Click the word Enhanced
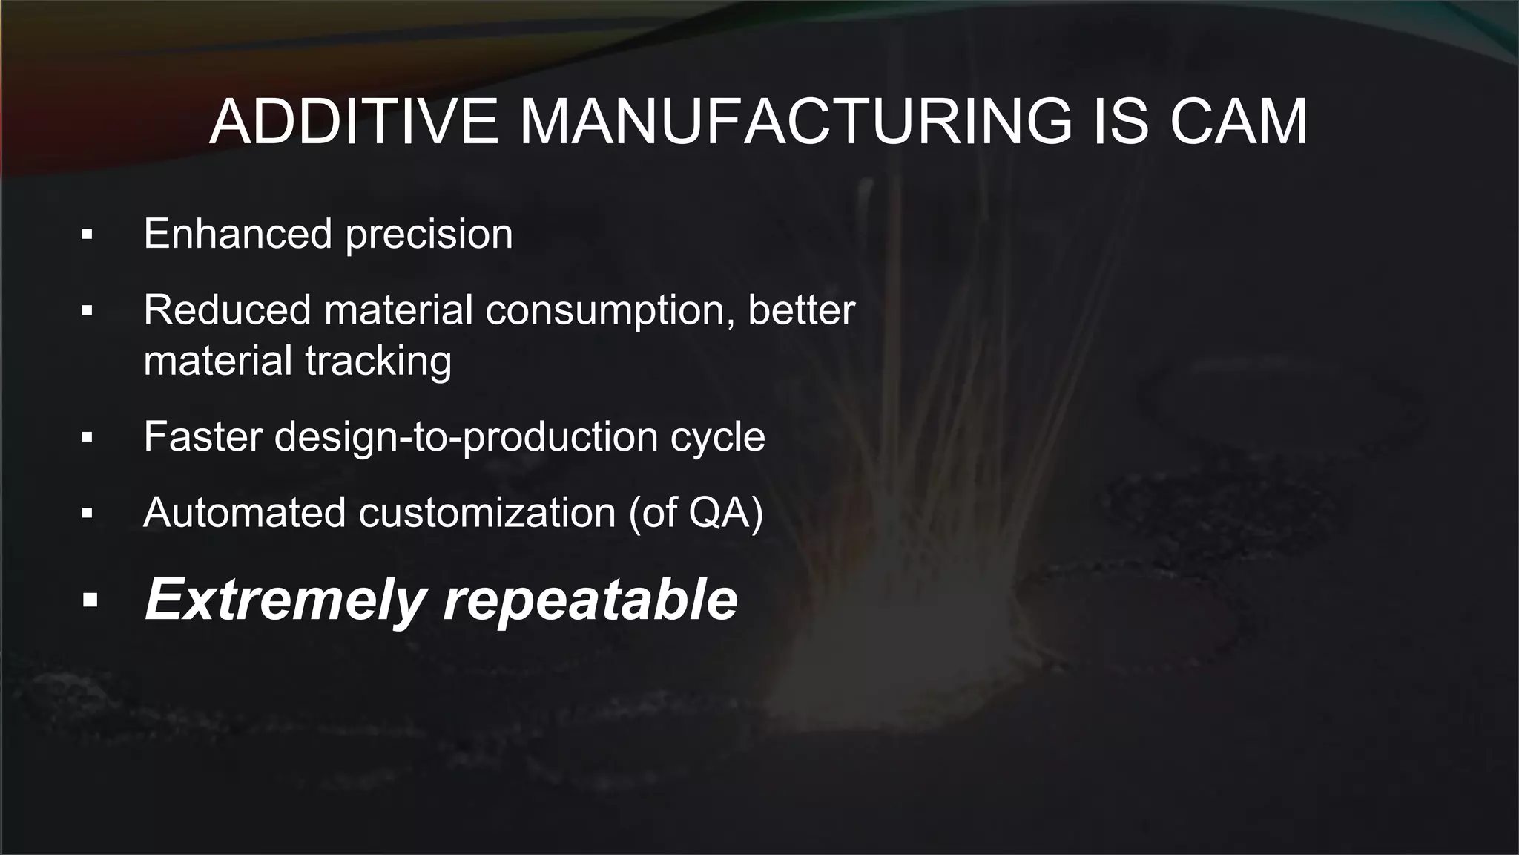[237, 234]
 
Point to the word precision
[429, 235]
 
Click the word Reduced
[227, 309]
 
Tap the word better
[801, 309]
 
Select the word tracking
[378, 361]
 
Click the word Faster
[202, 436]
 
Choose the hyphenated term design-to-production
[466, 437]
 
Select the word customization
[487, 512]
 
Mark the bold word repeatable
[590, 600]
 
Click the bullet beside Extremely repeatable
[90, 600]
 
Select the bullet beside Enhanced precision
[88, 235]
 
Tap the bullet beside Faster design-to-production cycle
[88, 437]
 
